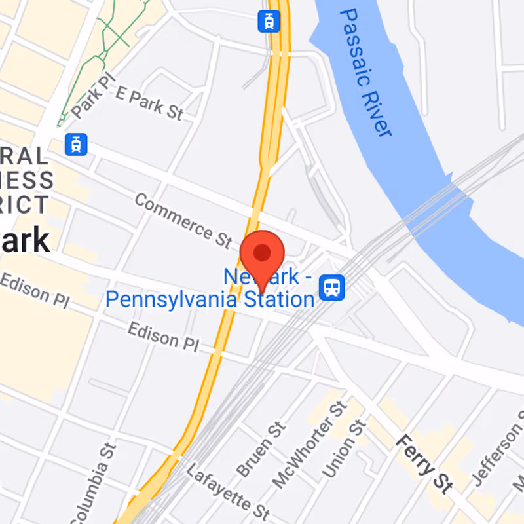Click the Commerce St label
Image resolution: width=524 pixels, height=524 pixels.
tap(183, 220)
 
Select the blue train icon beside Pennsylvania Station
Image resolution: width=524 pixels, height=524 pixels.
tap(332, 287)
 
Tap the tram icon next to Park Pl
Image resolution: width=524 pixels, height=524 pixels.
tap(77, 143)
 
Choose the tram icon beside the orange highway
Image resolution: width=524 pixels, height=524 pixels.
tap(269, 21)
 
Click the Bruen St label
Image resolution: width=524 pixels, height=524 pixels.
tap(261, 449)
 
